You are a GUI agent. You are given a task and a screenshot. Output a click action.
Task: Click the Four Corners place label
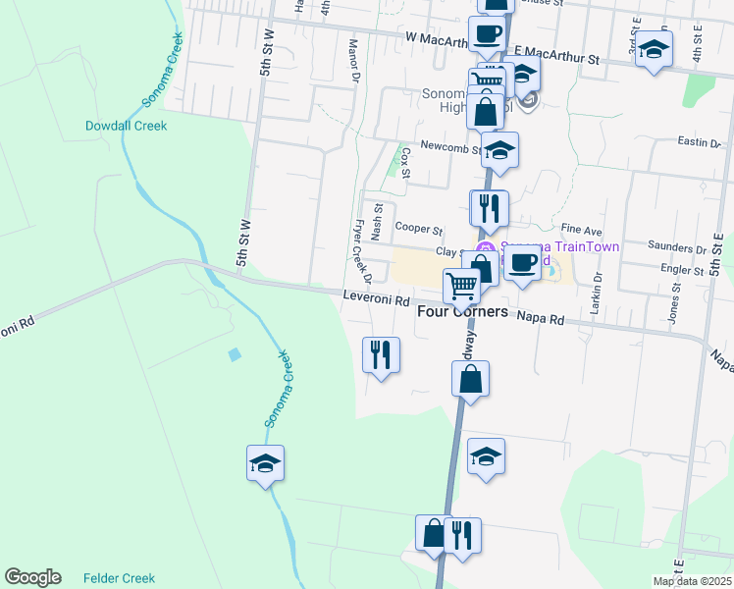click(462, 311)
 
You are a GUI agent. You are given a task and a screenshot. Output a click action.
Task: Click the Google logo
click(32, 577)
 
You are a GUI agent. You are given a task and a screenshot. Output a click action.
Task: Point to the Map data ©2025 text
click(692, 581)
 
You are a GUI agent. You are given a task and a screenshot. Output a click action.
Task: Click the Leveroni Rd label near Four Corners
click(376, 299)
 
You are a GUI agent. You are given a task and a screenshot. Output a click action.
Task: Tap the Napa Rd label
click(542, 319)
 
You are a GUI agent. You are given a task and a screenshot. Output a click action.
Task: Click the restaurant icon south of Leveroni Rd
click(381, 353)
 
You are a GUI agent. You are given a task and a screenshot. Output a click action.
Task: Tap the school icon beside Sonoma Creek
click(265, 462)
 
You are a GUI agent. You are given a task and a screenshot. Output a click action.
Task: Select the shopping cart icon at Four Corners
click(461, 287)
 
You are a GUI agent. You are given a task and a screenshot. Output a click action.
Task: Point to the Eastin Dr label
click(699, 142)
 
